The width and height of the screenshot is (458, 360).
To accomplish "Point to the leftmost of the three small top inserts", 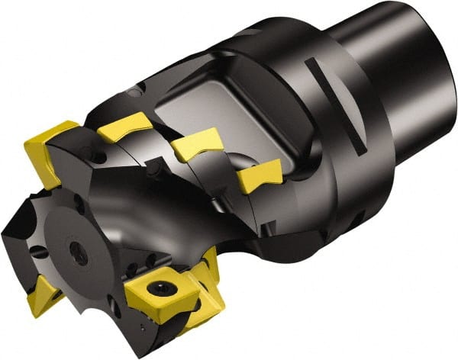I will point(127,127).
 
